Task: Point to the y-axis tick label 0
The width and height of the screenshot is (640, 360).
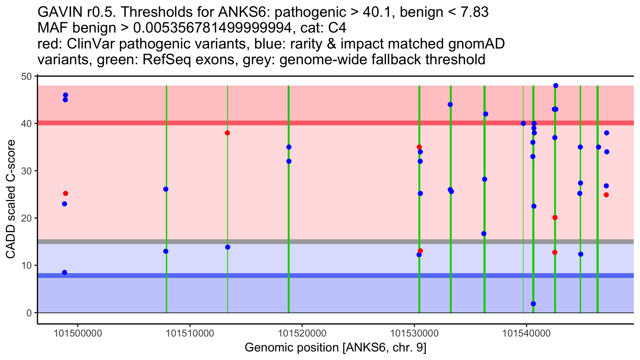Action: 29,313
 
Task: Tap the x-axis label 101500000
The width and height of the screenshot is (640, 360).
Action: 78,333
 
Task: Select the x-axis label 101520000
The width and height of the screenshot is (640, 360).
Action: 302,333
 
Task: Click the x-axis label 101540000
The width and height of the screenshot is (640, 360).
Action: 526,333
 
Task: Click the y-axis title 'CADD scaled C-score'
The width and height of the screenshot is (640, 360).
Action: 11,199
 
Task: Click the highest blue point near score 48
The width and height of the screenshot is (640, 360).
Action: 556,86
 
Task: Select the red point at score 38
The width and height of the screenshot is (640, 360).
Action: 227,133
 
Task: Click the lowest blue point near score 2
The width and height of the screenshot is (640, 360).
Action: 533,304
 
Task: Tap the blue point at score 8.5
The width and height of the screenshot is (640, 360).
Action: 65,272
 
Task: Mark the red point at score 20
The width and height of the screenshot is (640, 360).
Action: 555,218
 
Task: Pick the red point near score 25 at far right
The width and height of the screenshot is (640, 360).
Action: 606,195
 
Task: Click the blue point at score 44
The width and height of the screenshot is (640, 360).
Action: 450,105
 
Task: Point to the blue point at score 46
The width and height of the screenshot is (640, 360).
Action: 66,95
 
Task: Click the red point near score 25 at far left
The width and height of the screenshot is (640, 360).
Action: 66,193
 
